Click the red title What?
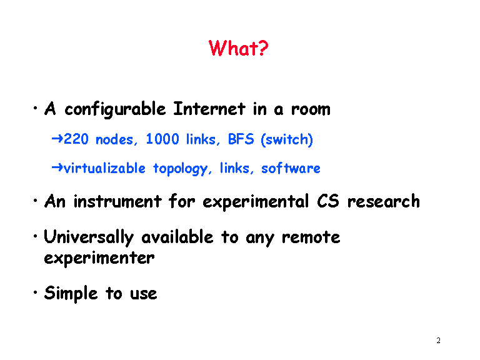(x=238, y=48)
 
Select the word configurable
(x=115, y=109)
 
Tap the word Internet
(x=209, y=108)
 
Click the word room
(x=311, y=109)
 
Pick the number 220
(x=76, y=139)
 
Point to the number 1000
(x=162, y=139)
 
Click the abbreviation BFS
(x=241, y=139)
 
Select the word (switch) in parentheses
(x=287, y=139)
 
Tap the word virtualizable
(x=104, y=168)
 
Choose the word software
(x=291, y=168)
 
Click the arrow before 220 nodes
(x=57, y=139)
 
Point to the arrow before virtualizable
(x=57, y=167)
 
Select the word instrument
(x=117, y=202)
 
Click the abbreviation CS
(x=328, y=201)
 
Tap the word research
(x=383, y=201)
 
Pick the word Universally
(x=89, y=237)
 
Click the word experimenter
(x=99, y=259)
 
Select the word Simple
(x=71, y=294)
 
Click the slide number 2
(x=438, y=341)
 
